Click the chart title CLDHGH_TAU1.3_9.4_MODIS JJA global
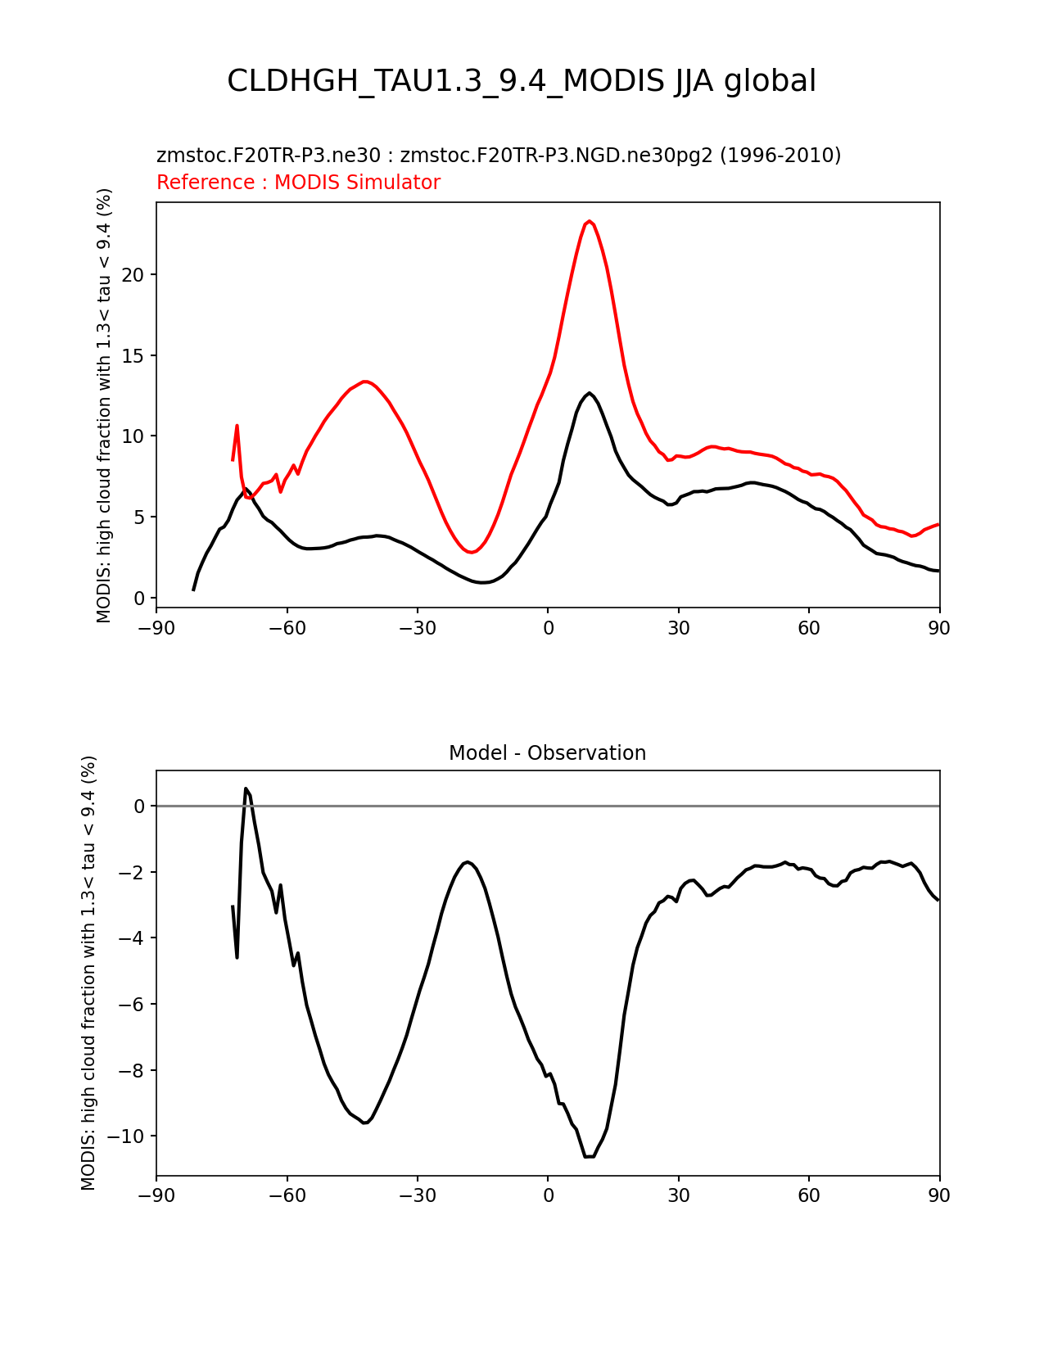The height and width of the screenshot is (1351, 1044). tap(521, 81)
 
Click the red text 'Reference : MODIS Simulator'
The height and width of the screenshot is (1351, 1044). tap(299, 182)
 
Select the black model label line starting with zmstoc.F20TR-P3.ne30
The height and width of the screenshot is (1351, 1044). tap(499, 156)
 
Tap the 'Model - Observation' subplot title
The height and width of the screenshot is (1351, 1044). tap(547, 753)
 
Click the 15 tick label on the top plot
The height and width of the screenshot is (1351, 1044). tap(133, 355)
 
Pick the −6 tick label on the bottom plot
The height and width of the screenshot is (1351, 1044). tap(131, 1004)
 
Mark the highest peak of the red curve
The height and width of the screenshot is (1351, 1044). tap(589, 221)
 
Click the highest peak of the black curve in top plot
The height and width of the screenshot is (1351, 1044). tap(589, 393)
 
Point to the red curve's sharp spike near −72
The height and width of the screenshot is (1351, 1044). tap(237, 426)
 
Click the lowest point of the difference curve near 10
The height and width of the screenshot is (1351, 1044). tap(590, 1156)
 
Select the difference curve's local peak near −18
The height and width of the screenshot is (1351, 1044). tap(468, 861)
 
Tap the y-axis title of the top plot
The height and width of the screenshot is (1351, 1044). tap(103, 405)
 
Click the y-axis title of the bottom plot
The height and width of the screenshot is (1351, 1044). tap(88, 973)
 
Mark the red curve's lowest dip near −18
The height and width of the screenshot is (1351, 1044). tap(472, 552)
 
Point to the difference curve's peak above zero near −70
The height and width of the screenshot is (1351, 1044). tap(246, 788)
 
